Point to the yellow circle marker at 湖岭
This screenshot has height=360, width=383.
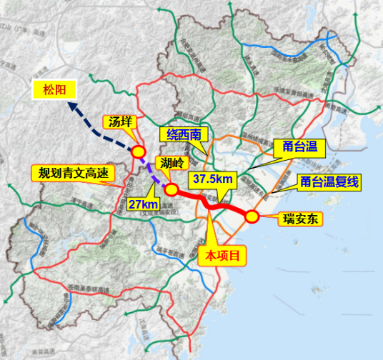point(171,189)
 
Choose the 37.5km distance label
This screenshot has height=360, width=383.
point(209,179)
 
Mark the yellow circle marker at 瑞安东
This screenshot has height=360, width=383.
point(252,216)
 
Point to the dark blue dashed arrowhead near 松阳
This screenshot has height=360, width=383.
point(71,105)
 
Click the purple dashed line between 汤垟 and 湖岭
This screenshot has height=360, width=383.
point(154,171)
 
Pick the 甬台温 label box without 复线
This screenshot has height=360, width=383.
point(300,148)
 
